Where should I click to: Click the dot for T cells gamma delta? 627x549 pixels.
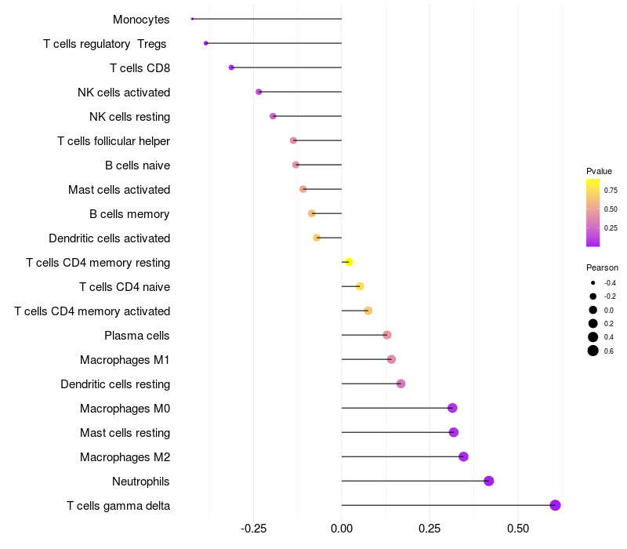[x=555, y=505]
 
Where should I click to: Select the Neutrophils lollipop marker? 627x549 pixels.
[x=489, y=481]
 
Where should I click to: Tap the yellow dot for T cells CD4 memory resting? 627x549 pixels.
[x=349, y=262]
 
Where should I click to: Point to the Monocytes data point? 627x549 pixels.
[x=192, y=19]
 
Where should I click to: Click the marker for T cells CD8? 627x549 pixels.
[x=231, y=67]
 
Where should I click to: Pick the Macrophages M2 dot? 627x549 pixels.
[x=463, y=456]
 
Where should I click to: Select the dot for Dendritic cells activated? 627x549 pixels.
[x=317, y=238]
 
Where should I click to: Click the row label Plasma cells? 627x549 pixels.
[x=137, y=336]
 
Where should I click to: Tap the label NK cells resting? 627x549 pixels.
[x=130, y=117]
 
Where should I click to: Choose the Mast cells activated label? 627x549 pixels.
[x=119, y=190]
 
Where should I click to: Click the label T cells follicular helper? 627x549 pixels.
[x=114, y=141]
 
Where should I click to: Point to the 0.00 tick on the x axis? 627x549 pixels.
[x=342, y=529]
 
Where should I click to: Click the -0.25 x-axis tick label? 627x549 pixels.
[x=252, y=529]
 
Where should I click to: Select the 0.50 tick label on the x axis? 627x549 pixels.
[x=517, y=529]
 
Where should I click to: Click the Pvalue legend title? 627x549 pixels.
[x=599, y=171]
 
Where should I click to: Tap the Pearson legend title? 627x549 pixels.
[x=602, y=267]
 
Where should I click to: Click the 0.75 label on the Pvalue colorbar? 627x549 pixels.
[x=611, y=190]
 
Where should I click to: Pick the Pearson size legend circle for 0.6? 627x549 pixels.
[x=593, y=351]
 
